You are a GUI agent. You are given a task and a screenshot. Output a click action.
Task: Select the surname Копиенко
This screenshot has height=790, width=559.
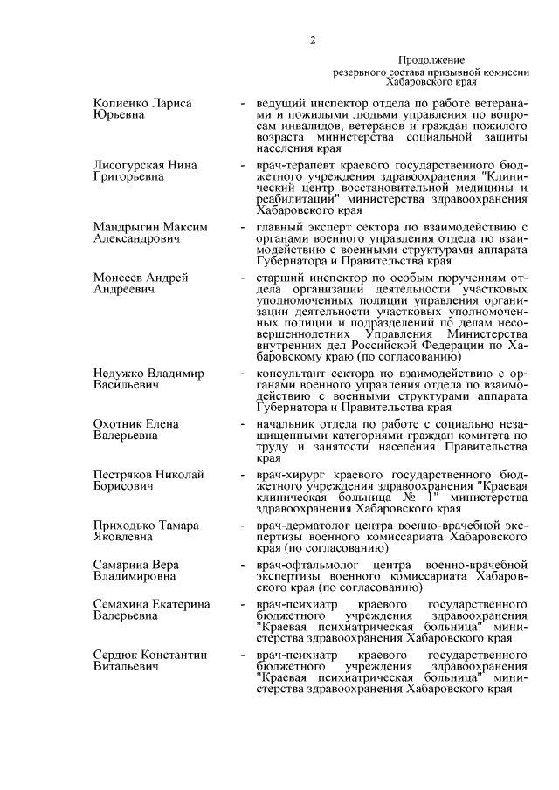(122, 103)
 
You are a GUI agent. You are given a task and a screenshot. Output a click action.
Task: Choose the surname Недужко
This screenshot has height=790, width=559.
(121, 374)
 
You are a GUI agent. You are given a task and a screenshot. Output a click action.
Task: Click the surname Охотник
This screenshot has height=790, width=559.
(119, 424)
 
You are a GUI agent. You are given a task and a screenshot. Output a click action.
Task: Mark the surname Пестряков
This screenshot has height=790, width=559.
(127, 475)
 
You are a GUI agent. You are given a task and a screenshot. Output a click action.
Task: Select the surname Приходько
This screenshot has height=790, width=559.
(126, 526)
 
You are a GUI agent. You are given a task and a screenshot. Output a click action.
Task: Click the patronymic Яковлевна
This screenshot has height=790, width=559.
(126, 538)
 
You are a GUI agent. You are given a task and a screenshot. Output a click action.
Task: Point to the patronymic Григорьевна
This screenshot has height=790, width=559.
(130, 177)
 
